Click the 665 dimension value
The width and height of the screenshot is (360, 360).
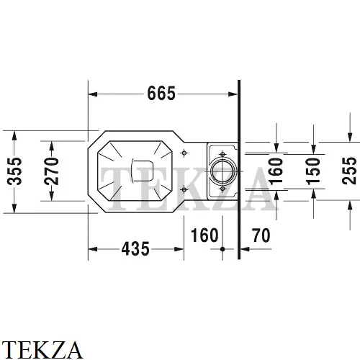pos(161,94)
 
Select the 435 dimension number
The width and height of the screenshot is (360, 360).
pos(135,248)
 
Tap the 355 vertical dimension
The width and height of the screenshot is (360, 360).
pos(14,171)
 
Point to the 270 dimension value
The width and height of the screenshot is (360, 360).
pos(52,171)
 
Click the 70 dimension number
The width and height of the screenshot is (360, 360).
pos(261,235)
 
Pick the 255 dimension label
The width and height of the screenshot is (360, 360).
pos(349,171)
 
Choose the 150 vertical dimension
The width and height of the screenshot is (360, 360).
pos(313,171)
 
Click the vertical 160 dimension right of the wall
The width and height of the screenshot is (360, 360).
pos(276,171)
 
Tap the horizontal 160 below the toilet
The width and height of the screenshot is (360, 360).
pos(204,235)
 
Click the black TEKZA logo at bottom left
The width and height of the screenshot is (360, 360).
pos(42,350)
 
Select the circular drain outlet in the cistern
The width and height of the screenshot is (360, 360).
pos(222,171)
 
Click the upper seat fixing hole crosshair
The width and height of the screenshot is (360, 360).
pos(184,153)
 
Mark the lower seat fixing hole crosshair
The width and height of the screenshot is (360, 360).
pos(184,190)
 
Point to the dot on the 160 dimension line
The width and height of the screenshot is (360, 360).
pos(222,249)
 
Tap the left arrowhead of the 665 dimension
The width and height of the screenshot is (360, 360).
pos(93,94)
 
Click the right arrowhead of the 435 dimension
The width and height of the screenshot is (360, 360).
pos(179,249)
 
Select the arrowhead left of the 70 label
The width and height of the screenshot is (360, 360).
pos(245,249)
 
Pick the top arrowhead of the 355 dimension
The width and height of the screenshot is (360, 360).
pos(14,135)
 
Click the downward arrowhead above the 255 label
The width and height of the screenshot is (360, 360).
pos(350,138)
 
